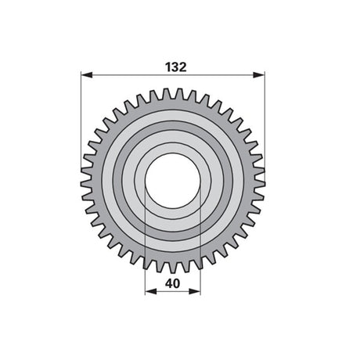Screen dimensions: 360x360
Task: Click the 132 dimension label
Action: [176, 67]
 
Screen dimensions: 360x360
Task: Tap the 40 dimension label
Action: [173, 283]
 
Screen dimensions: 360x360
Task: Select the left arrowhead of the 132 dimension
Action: [87, 75]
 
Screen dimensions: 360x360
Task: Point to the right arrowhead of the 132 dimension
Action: [259, 75]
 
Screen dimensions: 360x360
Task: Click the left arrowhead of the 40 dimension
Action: [151, 291]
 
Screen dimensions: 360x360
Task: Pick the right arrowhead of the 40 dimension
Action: [195, 291]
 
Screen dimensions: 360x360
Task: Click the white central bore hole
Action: [173, 181]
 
